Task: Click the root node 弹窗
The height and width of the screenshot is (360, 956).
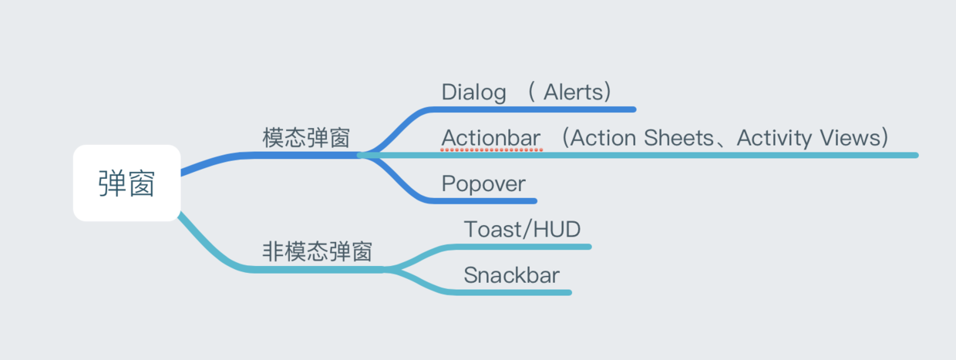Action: (x=126, y=183)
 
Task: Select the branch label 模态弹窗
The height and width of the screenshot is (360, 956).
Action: (x=306, y=138)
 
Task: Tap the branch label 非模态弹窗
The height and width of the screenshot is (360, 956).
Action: (x=318, y=251)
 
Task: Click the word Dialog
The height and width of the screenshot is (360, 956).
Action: (x=473, y=93)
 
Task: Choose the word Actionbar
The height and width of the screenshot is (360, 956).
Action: (x=491, y=138)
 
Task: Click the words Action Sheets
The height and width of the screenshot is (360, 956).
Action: (x=643, y=138)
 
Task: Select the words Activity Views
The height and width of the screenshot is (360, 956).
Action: (x=808, y=138)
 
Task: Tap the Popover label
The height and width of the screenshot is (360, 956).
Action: (x=483, y=183)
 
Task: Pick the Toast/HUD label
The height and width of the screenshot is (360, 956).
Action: (x=522, y=229)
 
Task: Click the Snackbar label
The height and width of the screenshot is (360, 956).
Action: (x=511, y=275)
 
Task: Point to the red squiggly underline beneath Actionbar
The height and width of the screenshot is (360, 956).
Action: (x=491, y=150)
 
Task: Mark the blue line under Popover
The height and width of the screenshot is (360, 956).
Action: (x=493, y=201)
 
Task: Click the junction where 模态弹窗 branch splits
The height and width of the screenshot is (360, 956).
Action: (x=361, y=155)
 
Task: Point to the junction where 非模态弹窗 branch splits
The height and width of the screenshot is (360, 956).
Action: (x=387, y=269)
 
